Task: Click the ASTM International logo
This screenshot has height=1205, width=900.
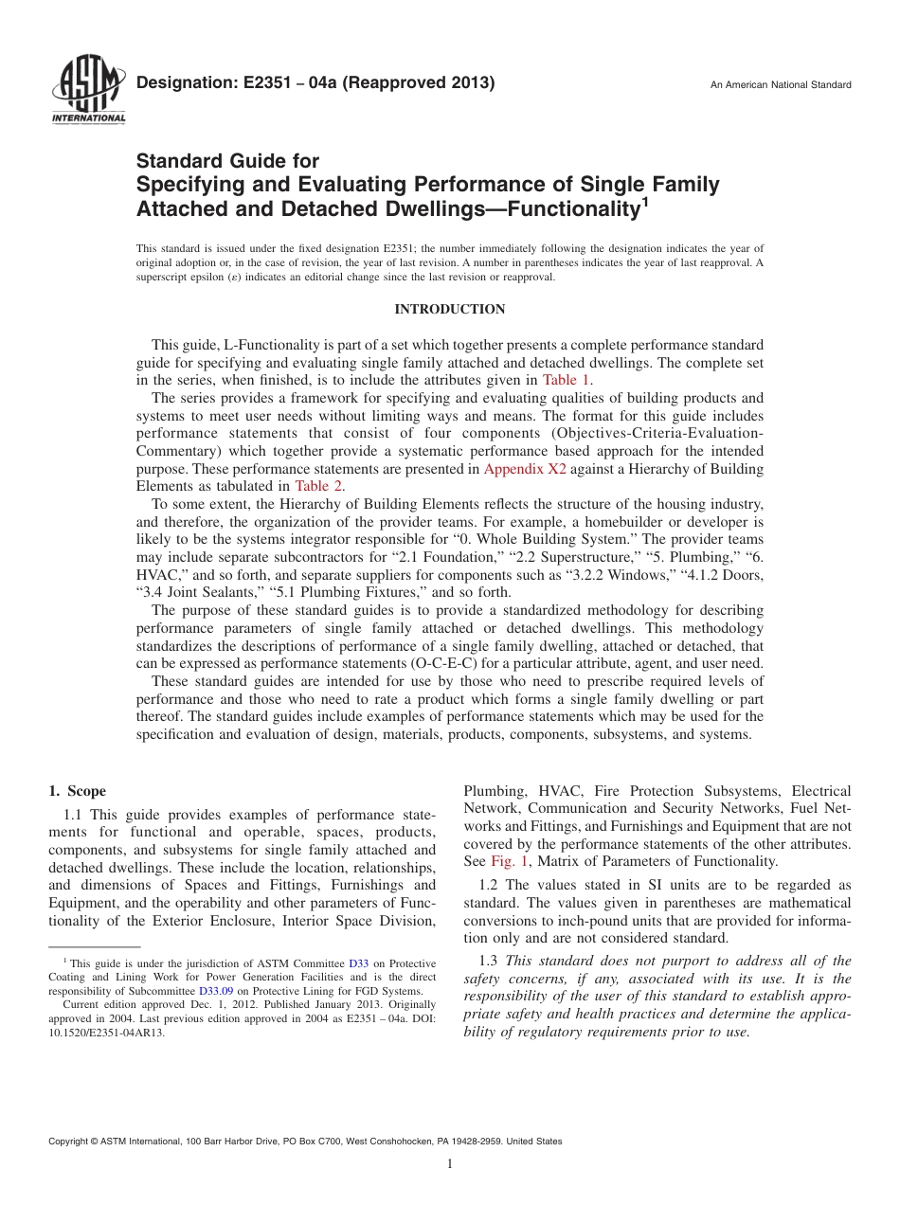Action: click(x=87, y=91)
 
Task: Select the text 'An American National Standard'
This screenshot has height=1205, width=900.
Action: click(x=780, y=85)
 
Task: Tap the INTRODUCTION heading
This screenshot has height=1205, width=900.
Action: click(x=449, y=310)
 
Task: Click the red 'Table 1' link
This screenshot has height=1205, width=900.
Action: click(x=567, y=380)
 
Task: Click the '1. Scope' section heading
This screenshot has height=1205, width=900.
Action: click(x=77, y=791)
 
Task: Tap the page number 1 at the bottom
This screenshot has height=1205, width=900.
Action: click(x=450, y=1164)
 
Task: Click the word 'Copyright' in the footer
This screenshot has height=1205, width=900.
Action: click(x=70, y=1142)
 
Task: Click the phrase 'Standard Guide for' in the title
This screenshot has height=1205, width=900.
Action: click(x=227, y=161)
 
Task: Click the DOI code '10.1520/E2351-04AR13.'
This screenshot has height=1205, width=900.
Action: click(x=106, y=1034)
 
